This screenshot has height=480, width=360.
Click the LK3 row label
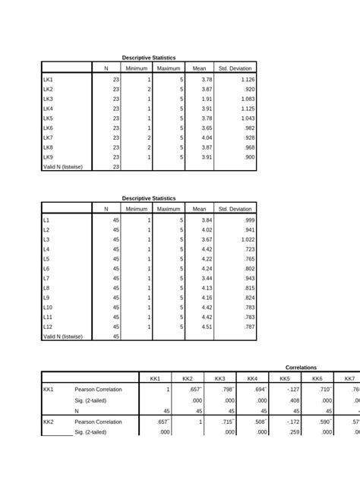48,99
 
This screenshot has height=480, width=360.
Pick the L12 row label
47,327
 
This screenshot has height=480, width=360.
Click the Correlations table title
302,367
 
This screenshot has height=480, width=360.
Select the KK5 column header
285,378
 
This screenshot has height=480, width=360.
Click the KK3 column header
220,378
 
